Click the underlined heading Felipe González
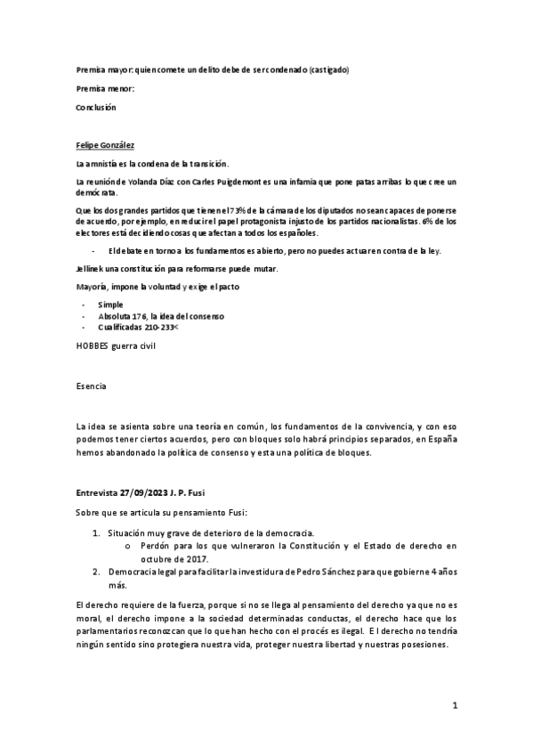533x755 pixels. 106,144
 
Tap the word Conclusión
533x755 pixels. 96,107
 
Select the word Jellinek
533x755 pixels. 93,269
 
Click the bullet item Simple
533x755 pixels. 110,304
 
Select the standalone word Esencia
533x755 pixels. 91,387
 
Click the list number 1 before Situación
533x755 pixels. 96,532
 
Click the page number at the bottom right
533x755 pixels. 454,706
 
